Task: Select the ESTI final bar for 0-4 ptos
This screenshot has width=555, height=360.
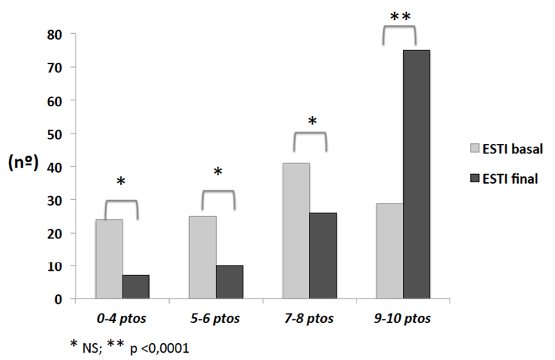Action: [135, 287]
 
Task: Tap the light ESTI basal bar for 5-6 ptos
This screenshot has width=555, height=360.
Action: [202, 257]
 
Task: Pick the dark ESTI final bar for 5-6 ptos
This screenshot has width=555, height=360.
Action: [230, 283]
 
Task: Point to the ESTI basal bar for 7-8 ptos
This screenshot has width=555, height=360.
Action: [296, 231]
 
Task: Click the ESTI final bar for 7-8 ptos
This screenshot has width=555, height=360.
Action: [323, 256]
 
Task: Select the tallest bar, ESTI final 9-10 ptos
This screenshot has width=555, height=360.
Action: [417, 175]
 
